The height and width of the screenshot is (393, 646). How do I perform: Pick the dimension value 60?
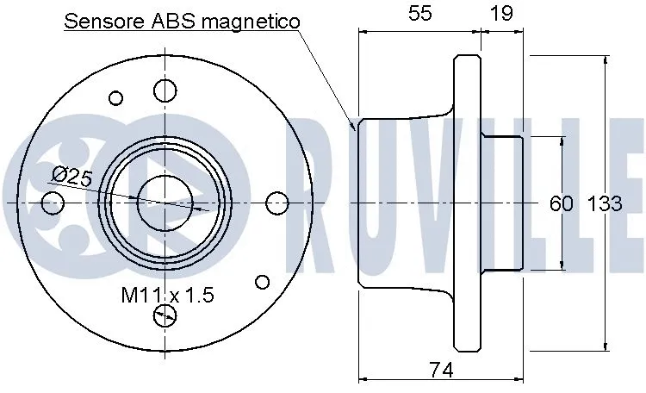pyautogui.click(x=562, y=204)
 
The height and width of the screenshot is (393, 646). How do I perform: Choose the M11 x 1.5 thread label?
pyautogui.click(x=166, y=296)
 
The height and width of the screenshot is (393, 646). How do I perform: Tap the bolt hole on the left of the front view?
pyautogui.click(x=53, y=203)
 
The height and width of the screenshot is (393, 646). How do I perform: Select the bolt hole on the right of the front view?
pyautogui.click(x=276, y=203)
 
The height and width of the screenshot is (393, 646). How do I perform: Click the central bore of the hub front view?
pyautogui.click(x=165, y=203)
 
